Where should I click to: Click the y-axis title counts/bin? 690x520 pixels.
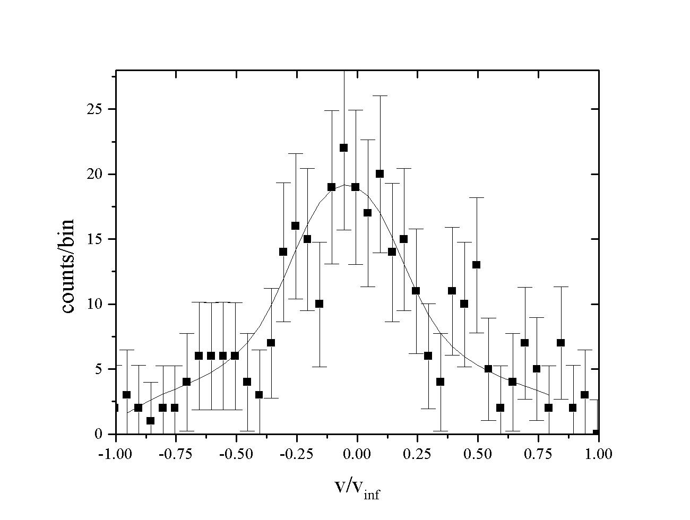pos(68,266)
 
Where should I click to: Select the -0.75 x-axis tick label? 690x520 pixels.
pos(175,454)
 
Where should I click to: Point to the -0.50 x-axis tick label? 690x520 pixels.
pos(236,454)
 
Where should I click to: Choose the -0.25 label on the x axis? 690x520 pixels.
pos(296,454)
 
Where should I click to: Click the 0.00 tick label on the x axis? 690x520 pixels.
pos(357,454)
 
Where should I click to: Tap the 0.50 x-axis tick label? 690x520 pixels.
pos(478,454)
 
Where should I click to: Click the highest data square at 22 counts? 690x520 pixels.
pos(343,148)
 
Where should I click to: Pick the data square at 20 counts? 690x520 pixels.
pos(379,174)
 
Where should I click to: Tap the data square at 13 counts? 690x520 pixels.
pos(476,265)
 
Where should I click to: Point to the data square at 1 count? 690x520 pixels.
pos(150,421)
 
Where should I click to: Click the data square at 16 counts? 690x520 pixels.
pos(295,226)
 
